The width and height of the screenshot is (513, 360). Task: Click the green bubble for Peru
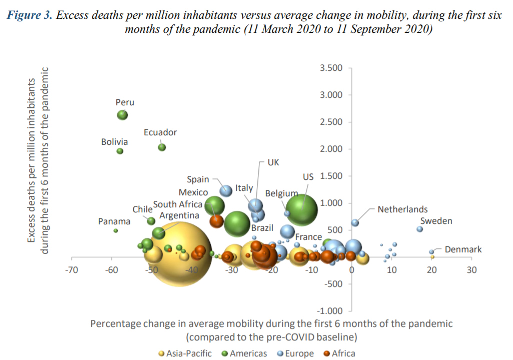pos(122,115)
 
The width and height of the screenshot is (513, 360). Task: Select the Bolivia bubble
pos(120,151)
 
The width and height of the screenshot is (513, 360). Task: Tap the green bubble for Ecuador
pos(162,147)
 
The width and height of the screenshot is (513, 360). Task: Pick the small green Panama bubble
pos(116,231)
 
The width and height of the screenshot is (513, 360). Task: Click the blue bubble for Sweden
pos(420,229)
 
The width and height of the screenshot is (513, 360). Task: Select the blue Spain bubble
pos(226,190)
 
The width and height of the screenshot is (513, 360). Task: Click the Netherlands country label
pos(403,210)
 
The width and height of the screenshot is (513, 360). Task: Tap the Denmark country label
pos(463,249)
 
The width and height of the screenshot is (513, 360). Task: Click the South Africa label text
pos(178,204)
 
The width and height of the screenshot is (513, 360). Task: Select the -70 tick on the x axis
pos(72,270)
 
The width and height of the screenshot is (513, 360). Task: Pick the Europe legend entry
pos(299,353)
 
